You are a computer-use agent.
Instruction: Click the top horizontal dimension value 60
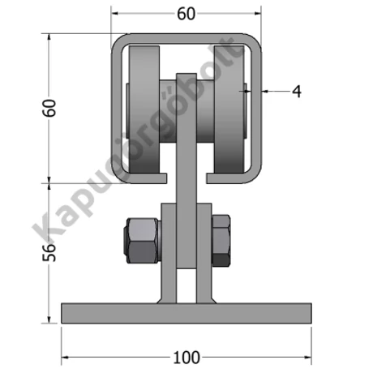pyautogui.click(x=186, y=14)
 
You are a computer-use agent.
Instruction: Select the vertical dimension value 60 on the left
pyautogui.click(x=49, y=108)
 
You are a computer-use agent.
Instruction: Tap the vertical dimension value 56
pyautogui.click(x=49, y=252)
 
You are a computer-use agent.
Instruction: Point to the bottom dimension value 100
pyautogui.click(x=186, y=358)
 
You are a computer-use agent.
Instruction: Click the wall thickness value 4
pyautogui.click(x=297, y=92)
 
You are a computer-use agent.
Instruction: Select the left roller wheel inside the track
pyautogui.click(x=144, y=109)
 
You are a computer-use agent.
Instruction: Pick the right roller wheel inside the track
pyautogui.click(x=229, y=109)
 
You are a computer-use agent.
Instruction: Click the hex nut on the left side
pyautogui.click(x=141, y=240)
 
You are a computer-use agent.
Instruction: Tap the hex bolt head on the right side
pyautogui.click(x=221, y=240)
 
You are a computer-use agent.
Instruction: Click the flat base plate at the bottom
pyautogui.click(x=186, y=313)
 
